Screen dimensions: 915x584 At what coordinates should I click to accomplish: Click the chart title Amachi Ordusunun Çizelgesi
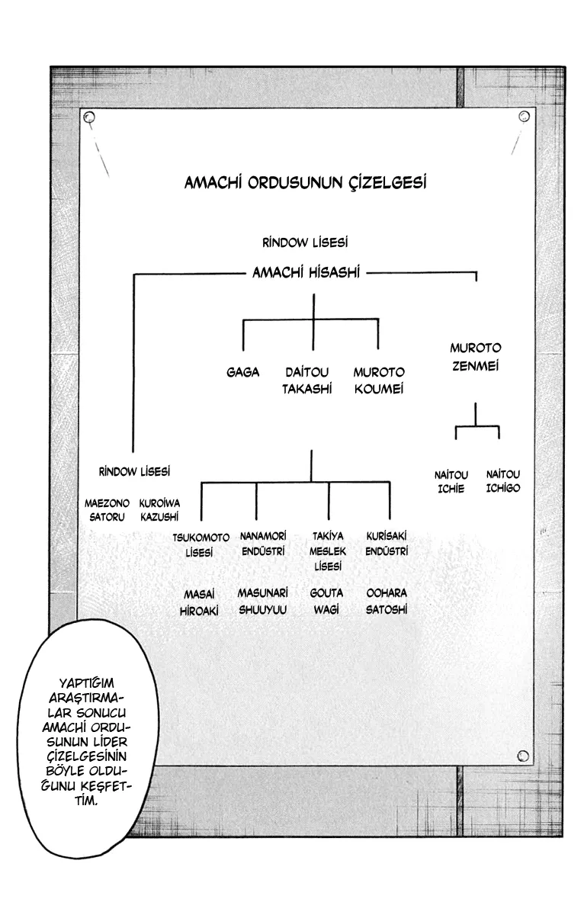[305, 184]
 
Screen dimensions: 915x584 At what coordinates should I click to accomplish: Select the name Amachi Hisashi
[306, 272]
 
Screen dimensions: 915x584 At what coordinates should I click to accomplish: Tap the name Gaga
[242, 372]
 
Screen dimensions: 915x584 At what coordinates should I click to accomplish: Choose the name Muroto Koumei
[378, 380]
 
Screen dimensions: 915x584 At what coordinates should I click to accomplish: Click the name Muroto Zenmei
[475, 358]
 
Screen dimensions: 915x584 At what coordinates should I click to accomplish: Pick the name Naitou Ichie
[451, 481]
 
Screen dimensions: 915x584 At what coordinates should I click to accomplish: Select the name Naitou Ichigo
[502, 481]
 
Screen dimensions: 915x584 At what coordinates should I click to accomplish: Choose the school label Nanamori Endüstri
[262, 544]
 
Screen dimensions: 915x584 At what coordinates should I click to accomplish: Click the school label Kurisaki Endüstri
[387, 544]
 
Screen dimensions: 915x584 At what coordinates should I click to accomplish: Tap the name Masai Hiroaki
[197, 601]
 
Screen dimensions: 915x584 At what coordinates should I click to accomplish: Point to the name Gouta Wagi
[326, 601]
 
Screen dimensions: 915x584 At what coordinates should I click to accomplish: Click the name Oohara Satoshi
[387, 601]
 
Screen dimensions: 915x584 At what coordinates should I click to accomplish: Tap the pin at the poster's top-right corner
[524, 116]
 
